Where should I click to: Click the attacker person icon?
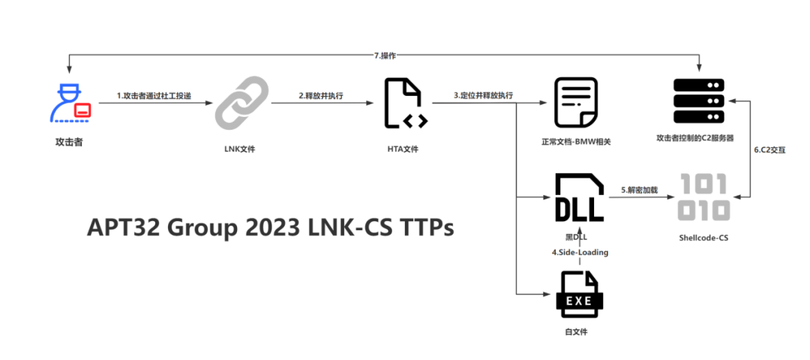point(70,104)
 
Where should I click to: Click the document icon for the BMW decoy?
point(575,102)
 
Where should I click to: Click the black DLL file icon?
point(579,198)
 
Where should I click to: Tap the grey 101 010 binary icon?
point(703,198)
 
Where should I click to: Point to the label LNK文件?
point(241,149)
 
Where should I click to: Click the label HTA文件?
point(403,149)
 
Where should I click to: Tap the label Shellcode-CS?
point(703,238)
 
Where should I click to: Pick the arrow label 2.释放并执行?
point(321,96)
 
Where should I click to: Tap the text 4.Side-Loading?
point(580,253)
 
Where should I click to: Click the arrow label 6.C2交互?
point(769,149)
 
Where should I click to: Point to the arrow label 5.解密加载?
point(639,190)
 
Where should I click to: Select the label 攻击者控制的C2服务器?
point(694,138)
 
